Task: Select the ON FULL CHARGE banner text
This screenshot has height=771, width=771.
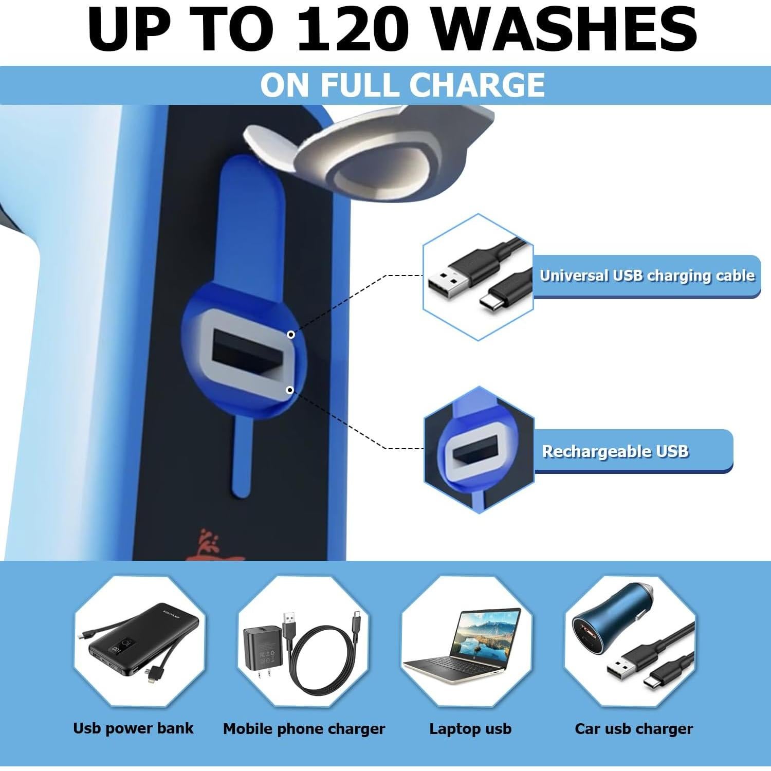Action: [402, 85]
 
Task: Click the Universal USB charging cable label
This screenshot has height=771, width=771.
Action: [647, 276]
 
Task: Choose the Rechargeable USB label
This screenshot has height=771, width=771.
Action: [615, 451]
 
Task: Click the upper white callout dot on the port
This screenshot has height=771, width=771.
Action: [291, 335]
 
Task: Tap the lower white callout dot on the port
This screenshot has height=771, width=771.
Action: [290, 390]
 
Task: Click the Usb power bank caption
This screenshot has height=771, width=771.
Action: [133, 728]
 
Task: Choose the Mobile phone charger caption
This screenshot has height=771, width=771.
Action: [304, 729]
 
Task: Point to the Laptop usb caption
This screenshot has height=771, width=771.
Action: [470, 729]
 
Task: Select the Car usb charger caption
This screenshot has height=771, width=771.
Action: [634, 729]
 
